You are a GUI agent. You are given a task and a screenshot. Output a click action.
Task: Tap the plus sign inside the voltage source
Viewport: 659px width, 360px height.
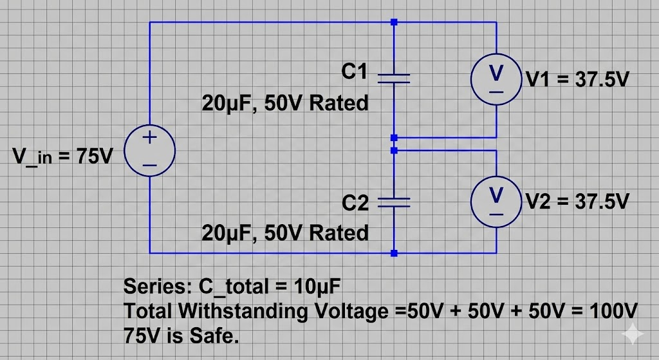(x=149, y=137)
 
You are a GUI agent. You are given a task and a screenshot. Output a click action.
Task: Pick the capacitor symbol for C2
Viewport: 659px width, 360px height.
(x=394, y=203)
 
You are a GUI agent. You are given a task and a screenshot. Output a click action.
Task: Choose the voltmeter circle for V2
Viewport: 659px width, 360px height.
(x=496, y=200)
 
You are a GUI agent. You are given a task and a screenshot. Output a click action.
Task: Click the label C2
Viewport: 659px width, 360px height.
(x=355, y=204)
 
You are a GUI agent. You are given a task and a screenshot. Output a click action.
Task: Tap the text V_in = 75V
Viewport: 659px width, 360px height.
(x=62, y=156)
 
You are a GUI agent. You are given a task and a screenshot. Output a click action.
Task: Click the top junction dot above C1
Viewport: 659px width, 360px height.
(x=394, y=22)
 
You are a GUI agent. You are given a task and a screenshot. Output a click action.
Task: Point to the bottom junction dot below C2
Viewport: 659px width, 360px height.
(x=394, y=253)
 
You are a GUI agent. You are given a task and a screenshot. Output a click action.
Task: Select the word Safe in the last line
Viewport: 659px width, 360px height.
(x=216, y=336)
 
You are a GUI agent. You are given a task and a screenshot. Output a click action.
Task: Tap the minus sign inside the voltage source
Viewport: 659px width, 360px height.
(x=149, y=165)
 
